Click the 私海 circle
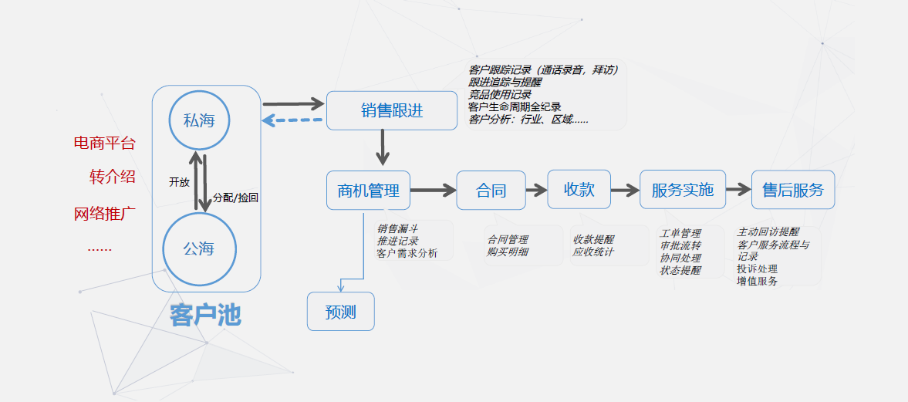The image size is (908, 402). pos(199,120)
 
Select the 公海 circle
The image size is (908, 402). pos(199,248)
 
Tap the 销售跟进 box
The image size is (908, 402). pos(391,110)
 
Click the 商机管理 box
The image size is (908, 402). pos(368,191)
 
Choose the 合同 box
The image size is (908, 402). pos(491,191)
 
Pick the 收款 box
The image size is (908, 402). pos(579,190)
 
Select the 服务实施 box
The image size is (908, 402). pos(682,190)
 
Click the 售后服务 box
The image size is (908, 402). pos(792,190)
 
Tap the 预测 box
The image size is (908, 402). pos(340,312)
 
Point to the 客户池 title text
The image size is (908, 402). pos(206,315)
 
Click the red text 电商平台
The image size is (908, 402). pos(104,143)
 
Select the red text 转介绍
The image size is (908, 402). pos(113,177)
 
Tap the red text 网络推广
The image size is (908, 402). pos(105,214)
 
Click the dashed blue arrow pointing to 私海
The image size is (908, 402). pos(292,120)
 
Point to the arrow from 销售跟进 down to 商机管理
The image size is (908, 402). pos(383,147)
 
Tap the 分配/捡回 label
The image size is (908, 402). pos(235,198)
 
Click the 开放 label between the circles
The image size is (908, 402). pos(179,182)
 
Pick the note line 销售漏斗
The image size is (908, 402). pos(397,229)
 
